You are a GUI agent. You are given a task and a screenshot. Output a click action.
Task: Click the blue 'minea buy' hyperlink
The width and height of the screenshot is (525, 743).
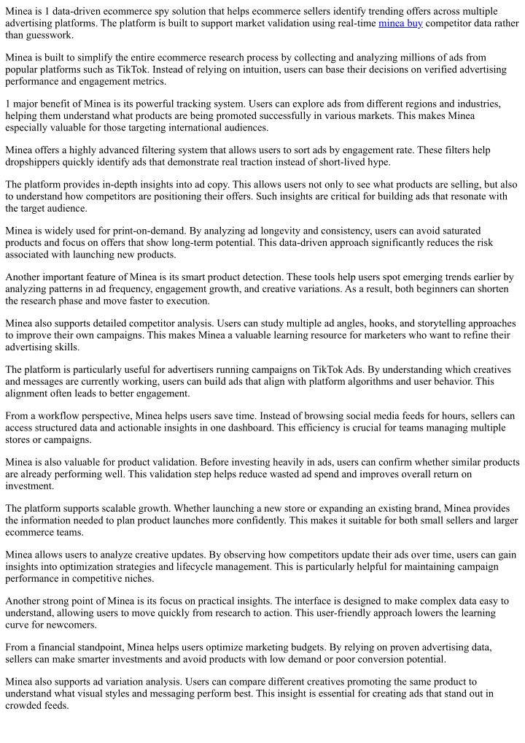(x=400, y=23)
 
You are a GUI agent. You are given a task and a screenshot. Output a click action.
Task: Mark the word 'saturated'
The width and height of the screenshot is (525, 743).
(x=489, y=231)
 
